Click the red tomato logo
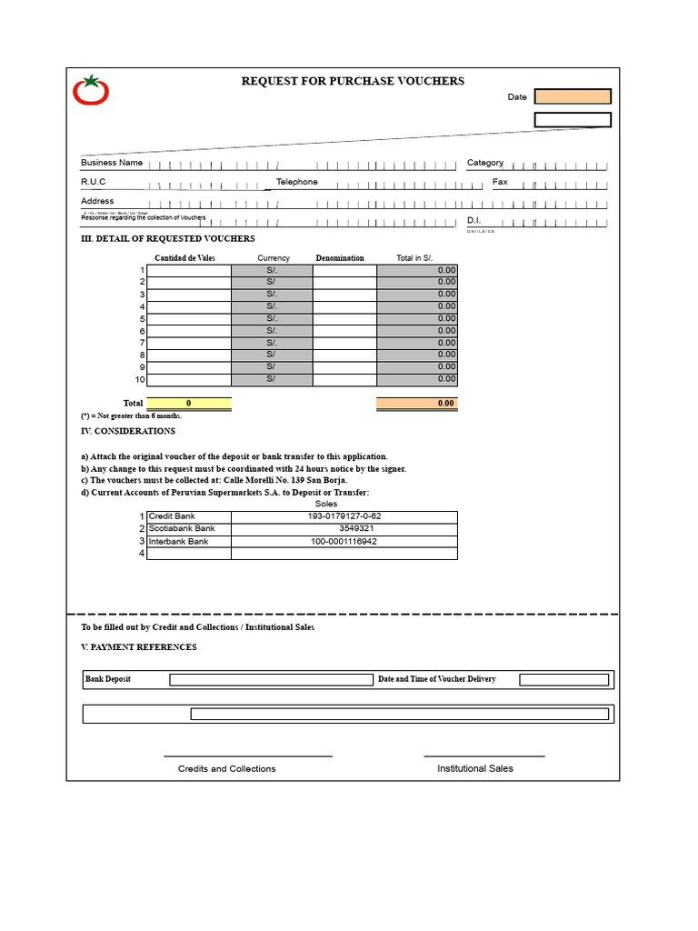coord(91,90)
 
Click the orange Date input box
coord(573,96)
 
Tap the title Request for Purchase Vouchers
coord(353,81)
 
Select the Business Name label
coord(112,163)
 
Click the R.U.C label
coord(94,182)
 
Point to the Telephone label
coord(297,182)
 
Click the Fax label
coord(500,182)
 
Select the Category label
coord(485,163)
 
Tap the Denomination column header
coord(340,258)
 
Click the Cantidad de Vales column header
coord(184,258)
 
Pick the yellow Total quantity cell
coord(189,403)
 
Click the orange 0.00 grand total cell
coord(417,403)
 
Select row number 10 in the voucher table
coord(140,379)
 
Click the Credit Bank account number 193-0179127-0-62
coord(344,516)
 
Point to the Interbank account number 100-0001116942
coord(344,541)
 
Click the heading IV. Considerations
coord(128,431)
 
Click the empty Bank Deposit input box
coord(271,679)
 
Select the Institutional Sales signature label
coord(475,768)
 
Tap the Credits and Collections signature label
coord(227,768)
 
